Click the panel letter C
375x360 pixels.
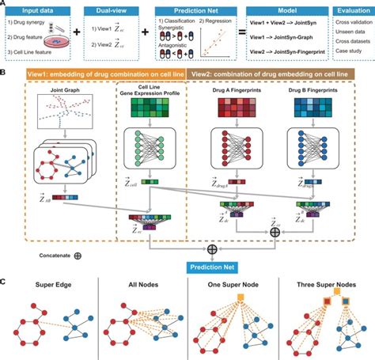pos(5,280)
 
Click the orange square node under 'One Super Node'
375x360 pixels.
pos(235,300)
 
